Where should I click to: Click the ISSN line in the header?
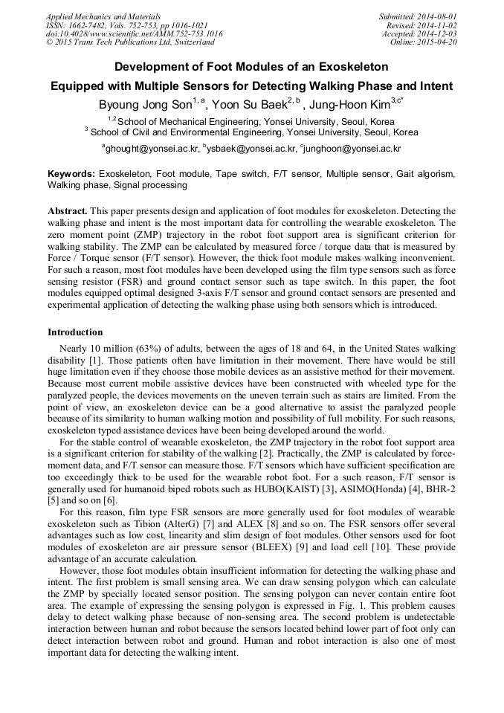(x=127, y=25)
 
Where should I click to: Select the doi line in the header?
(x=135, y=33)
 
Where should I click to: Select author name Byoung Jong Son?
(x=145, y=105)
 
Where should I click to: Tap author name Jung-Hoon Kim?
(x=349, y=105)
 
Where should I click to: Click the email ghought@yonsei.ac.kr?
(x=152, y=149)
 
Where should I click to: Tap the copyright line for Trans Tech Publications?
(x=130, y=42)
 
